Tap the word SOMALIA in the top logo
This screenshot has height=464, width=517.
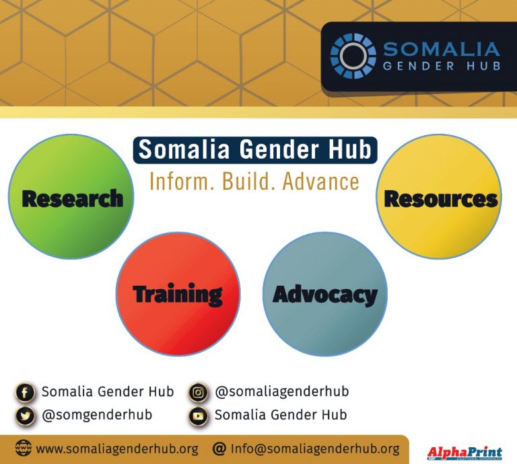[x=441, y=49]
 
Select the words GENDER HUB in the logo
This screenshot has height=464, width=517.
[x=441, y=66]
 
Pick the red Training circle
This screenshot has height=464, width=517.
[x=178, y=294]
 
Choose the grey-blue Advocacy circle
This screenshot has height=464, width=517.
[x=324, y=294]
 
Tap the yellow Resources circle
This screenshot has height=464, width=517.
[x=439, y=196]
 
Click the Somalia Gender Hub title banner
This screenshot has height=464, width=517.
[x=254, y=150]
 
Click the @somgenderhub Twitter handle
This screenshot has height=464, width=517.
[x=97, y=415]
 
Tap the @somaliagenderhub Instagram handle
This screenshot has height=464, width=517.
[x=281, y=391]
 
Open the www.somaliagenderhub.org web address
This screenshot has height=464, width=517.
[x=116, y=449]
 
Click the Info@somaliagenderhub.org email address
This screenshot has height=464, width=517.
[x=314, y=449]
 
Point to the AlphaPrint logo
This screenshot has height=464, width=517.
[x=464, y=453]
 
